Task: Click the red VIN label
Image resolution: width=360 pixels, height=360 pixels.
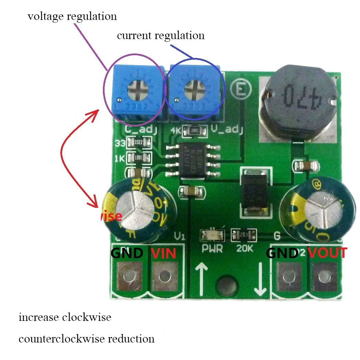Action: [164, 253]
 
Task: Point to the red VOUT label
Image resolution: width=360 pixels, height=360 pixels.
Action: [327, 253]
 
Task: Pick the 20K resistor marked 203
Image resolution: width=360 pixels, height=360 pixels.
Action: [244, 235]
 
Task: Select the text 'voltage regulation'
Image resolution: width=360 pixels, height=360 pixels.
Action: [72, 16]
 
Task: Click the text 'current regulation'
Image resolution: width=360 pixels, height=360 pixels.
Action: [161, 35]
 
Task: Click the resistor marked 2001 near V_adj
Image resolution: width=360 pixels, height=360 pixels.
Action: [195, 130]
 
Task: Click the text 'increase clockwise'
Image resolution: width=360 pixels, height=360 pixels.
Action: [65, 317]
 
